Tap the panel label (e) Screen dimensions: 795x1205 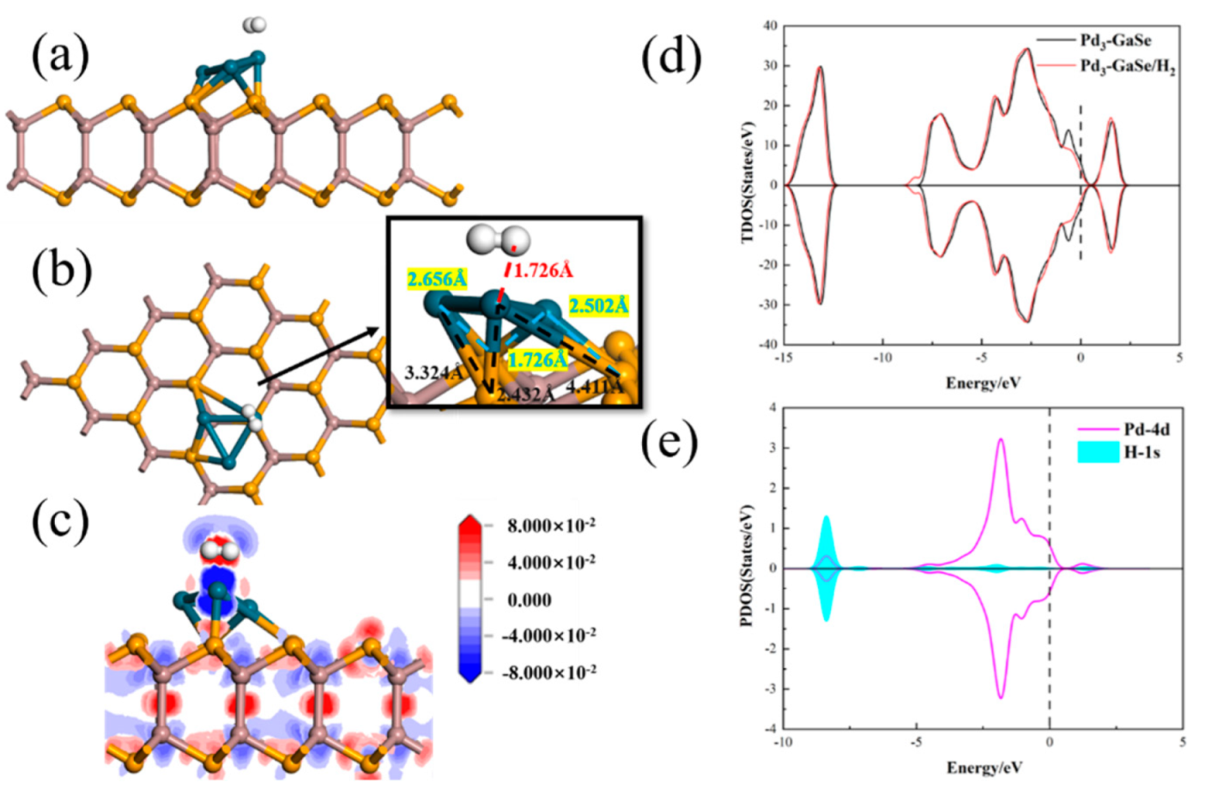point(671,442)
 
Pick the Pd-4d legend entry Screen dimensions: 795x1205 point(1147,429)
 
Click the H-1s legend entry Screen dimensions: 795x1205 point(1141,452)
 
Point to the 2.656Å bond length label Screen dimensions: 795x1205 point(437,279)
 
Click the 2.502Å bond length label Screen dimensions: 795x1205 point(598,305)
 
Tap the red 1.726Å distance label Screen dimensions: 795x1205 point(542,270)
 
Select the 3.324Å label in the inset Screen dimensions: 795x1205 point(434,373)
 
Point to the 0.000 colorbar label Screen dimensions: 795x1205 point(530,599)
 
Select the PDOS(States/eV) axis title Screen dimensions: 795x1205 point(748,566)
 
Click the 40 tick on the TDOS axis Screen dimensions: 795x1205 point(770,26)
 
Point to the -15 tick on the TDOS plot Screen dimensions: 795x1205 point(784,358)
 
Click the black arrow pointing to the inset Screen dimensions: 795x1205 point(318,356)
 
